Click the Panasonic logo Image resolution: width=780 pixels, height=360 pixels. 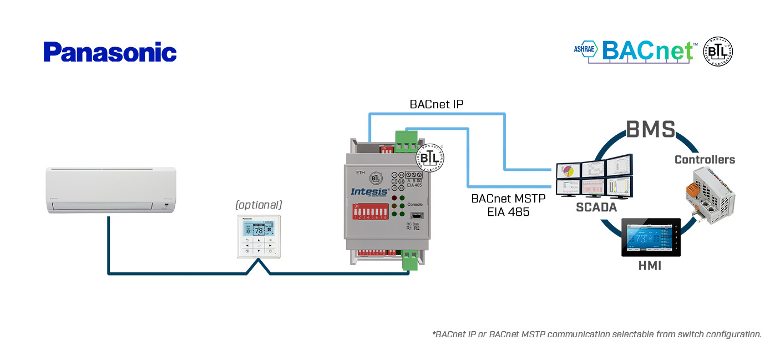110,52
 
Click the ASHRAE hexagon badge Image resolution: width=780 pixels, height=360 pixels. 586,50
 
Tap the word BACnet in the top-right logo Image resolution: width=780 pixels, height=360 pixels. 647,50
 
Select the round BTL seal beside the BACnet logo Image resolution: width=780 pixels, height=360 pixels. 718,52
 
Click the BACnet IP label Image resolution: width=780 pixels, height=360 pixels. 436,104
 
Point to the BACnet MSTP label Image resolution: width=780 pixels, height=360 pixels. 508,199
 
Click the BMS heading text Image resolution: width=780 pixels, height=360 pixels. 651,129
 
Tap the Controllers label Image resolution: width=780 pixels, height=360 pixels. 705,160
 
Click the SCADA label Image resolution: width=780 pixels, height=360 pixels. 596,207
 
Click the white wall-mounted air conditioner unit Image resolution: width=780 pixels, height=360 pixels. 111,190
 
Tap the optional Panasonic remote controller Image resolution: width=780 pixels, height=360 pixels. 259,236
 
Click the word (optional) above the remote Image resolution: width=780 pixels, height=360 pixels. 259,205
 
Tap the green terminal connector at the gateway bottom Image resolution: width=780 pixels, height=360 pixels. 410,260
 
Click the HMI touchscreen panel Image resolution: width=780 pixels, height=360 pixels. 650,237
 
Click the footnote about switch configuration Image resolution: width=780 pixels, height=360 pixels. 597,334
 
